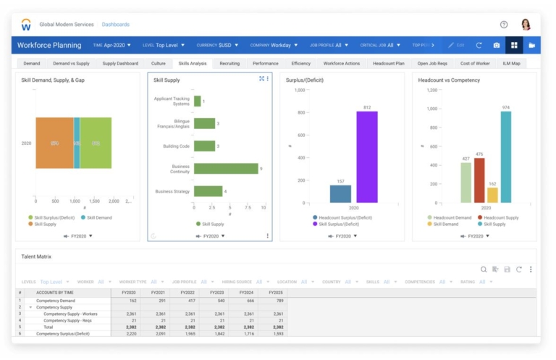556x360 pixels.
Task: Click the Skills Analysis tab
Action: [x=193, y=64]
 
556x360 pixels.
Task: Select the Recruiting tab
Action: [x=229, y=64]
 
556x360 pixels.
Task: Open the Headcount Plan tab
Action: [x=389, y=64]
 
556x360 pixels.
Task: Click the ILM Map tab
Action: [x=511, y=64]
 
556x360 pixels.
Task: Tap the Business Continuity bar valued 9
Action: [x=226, y=169]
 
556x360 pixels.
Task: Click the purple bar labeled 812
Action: [x=367, y=156]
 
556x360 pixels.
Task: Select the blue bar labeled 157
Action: [x=340, y=193]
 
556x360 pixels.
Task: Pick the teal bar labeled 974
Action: [x=505, y=156]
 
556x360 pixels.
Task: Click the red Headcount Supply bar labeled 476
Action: [x=479, y=180]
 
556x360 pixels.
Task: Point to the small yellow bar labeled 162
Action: [x=492, y=195]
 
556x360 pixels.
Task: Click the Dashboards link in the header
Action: [x=116, y=25]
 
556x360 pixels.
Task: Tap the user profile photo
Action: [x=526, y=25]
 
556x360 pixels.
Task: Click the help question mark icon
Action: [x=504, y=25]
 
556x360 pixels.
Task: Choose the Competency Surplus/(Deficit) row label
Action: [x=63, y=333]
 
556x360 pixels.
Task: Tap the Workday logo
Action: [x=26, y=25]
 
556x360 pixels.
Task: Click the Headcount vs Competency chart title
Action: [x=449, y=80]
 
